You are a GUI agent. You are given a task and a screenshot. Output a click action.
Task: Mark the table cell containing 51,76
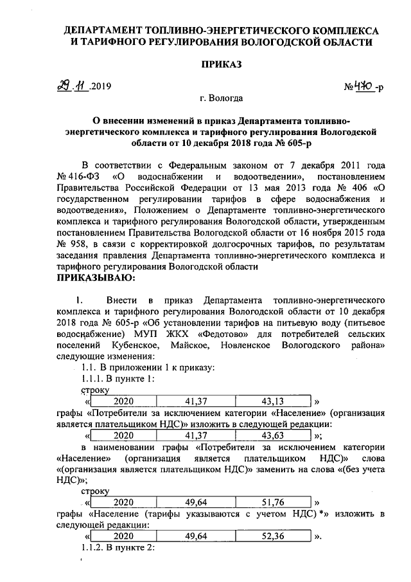[x=278, y=502]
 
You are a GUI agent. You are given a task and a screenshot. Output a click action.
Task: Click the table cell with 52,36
[x=278, y=535]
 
